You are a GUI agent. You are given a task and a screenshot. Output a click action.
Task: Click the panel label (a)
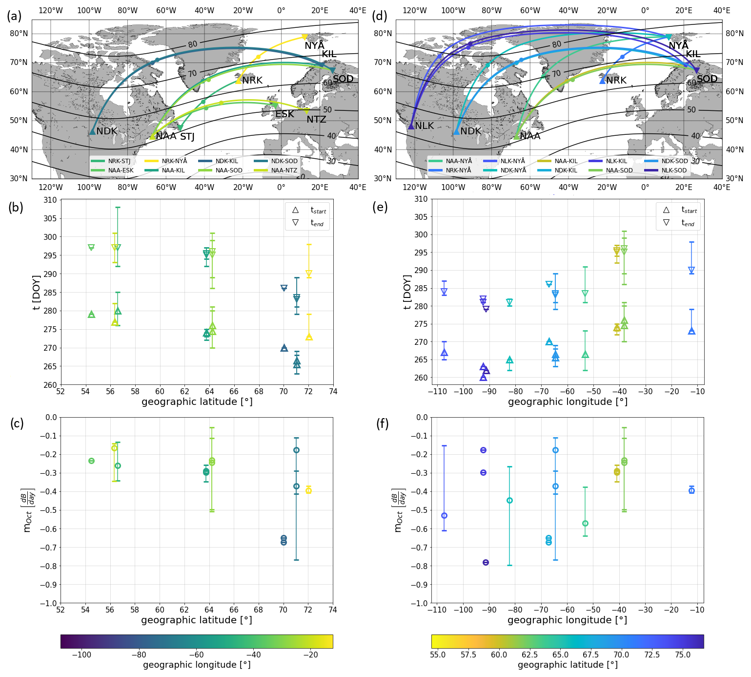click(x=14, y=16)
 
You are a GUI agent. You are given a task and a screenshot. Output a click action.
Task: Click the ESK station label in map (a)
click(x=284, y=114)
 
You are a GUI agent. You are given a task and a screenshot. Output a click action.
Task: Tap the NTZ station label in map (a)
click(x=316, y=120)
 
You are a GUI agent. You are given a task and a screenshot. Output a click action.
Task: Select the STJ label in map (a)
click(x=187, y=137)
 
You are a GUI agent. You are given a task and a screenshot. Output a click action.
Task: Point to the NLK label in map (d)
click(x=424, y=126)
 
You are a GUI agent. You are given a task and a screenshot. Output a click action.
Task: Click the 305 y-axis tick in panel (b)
click(x=50, y=218)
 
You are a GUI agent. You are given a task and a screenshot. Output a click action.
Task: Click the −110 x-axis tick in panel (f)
click(x=437, y=610)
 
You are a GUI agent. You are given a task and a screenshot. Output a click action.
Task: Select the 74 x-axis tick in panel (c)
click(x=333, y=610)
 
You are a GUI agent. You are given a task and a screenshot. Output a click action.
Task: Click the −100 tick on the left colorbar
click(x=81, y=655)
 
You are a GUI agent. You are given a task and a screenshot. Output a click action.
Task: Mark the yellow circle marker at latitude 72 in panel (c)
click(x=308, y=490)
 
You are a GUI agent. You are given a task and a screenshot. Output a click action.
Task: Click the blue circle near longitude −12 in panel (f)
click(x=691, y=490)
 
